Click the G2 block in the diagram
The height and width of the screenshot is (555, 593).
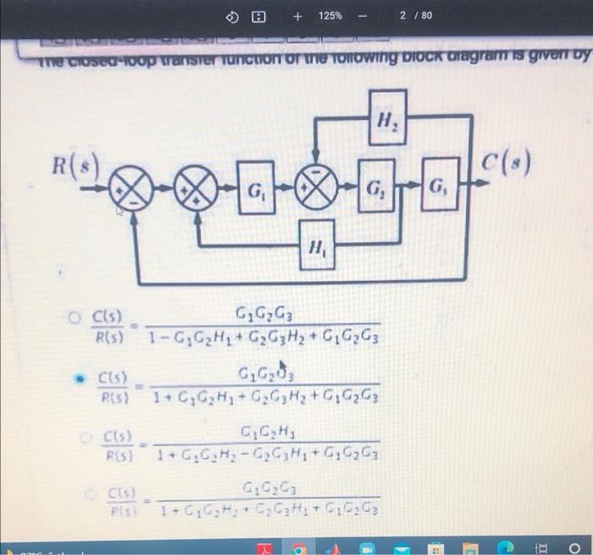click(376, 188)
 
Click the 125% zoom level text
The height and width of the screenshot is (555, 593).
click(330, 16)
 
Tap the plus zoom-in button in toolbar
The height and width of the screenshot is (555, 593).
click(297, 16)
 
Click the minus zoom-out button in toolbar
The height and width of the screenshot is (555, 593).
click(363, 16)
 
